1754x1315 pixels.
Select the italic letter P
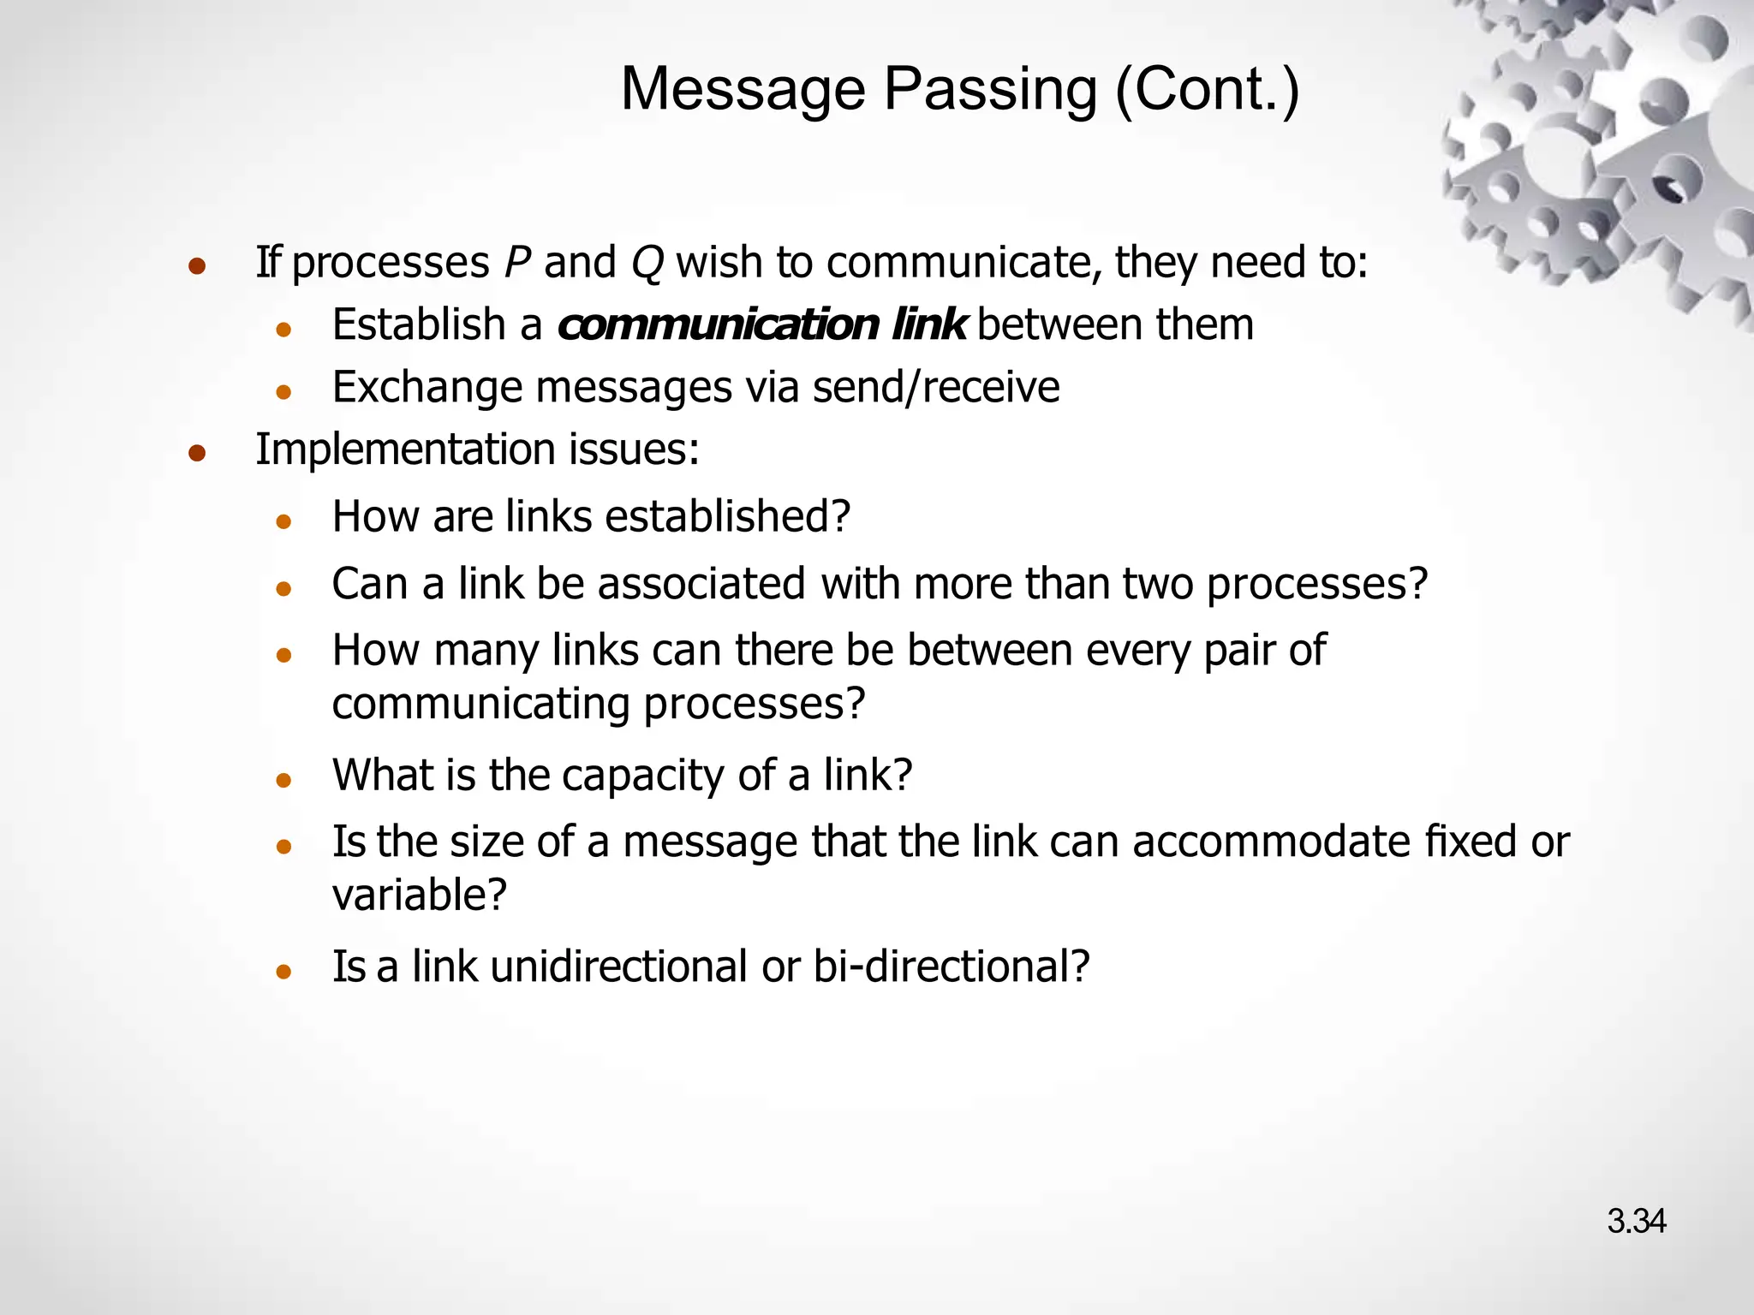click(x=517, y=262)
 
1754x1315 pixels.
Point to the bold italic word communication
click(x=718, y=325)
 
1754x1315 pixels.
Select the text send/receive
click(x=935, y=387)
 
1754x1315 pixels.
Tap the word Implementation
click(x=406, y=450)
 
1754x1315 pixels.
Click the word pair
click(x=1239, y=651)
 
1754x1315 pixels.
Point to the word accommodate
click(x=1272, y=842)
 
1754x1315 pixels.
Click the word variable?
click(x=420, y=896)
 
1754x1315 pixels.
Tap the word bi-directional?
click(x=951, y=967)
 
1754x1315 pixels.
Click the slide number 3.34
click(x=1636, y=1222)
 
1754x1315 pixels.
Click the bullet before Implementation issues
click(x=197, y=453)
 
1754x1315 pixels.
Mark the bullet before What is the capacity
click(x=284, y=780)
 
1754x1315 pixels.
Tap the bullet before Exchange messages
click(x=284, y=392)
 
